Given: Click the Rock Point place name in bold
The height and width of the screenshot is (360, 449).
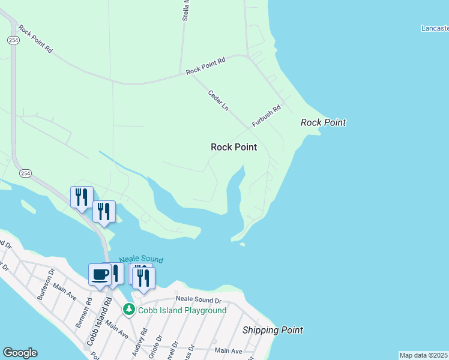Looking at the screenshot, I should coord(234,147).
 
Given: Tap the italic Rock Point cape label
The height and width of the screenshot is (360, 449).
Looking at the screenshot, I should coord(323,122).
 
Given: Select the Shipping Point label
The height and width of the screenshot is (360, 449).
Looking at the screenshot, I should coord(273,330).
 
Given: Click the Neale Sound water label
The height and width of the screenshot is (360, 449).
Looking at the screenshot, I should coord(141,259).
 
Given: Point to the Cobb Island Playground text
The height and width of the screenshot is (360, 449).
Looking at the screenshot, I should coord(182,310).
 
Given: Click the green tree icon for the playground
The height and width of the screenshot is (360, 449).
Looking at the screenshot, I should coord(128,310).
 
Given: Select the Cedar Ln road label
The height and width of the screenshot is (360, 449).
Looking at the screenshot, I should coord(218,100).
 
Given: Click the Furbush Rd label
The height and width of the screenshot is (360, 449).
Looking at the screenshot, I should coord(267,116).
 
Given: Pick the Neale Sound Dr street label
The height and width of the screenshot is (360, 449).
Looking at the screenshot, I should coord(199,299).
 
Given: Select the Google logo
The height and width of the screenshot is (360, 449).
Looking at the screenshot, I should coord(20,353).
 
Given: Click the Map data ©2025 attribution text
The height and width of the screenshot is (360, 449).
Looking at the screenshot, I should coord(424,355).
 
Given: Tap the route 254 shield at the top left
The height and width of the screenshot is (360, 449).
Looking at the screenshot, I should coord(13,40).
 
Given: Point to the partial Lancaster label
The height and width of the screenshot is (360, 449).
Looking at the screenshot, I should coord(435,28).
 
